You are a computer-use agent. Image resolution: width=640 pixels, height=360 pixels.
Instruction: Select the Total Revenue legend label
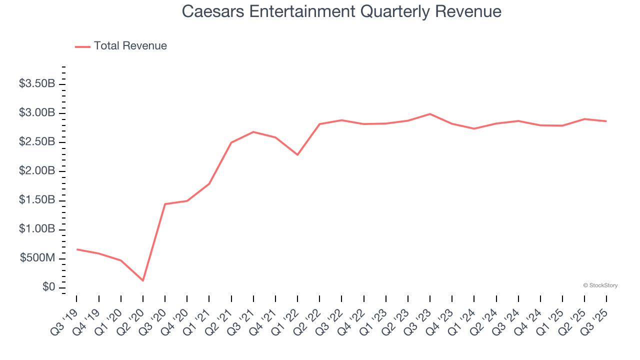130,46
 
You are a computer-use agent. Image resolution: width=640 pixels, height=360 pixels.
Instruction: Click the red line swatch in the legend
82,46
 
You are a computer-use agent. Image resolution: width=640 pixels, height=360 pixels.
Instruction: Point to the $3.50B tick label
37,83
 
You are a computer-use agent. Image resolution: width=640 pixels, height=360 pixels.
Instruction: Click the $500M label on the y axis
37,258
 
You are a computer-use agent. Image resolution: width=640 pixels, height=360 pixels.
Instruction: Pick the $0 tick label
48,287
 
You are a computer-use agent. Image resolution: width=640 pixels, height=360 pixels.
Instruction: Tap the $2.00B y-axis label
37,171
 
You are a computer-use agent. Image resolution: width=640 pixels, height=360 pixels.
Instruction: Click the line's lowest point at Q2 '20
143,280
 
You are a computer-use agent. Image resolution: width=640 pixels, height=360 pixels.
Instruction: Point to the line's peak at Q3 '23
430,114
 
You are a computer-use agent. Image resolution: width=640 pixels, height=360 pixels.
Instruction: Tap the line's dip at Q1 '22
297,154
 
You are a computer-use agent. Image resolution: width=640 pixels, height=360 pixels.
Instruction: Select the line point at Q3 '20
165,204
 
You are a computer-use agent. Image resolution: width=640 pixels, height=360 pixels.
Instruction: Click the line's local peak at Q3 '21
253,132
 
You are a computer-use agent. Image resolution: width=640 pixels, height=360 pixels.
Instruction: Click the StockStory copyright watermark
600,285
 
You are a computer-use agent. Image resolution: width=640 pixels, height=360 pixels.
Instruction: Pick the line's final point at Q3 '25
606,121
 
